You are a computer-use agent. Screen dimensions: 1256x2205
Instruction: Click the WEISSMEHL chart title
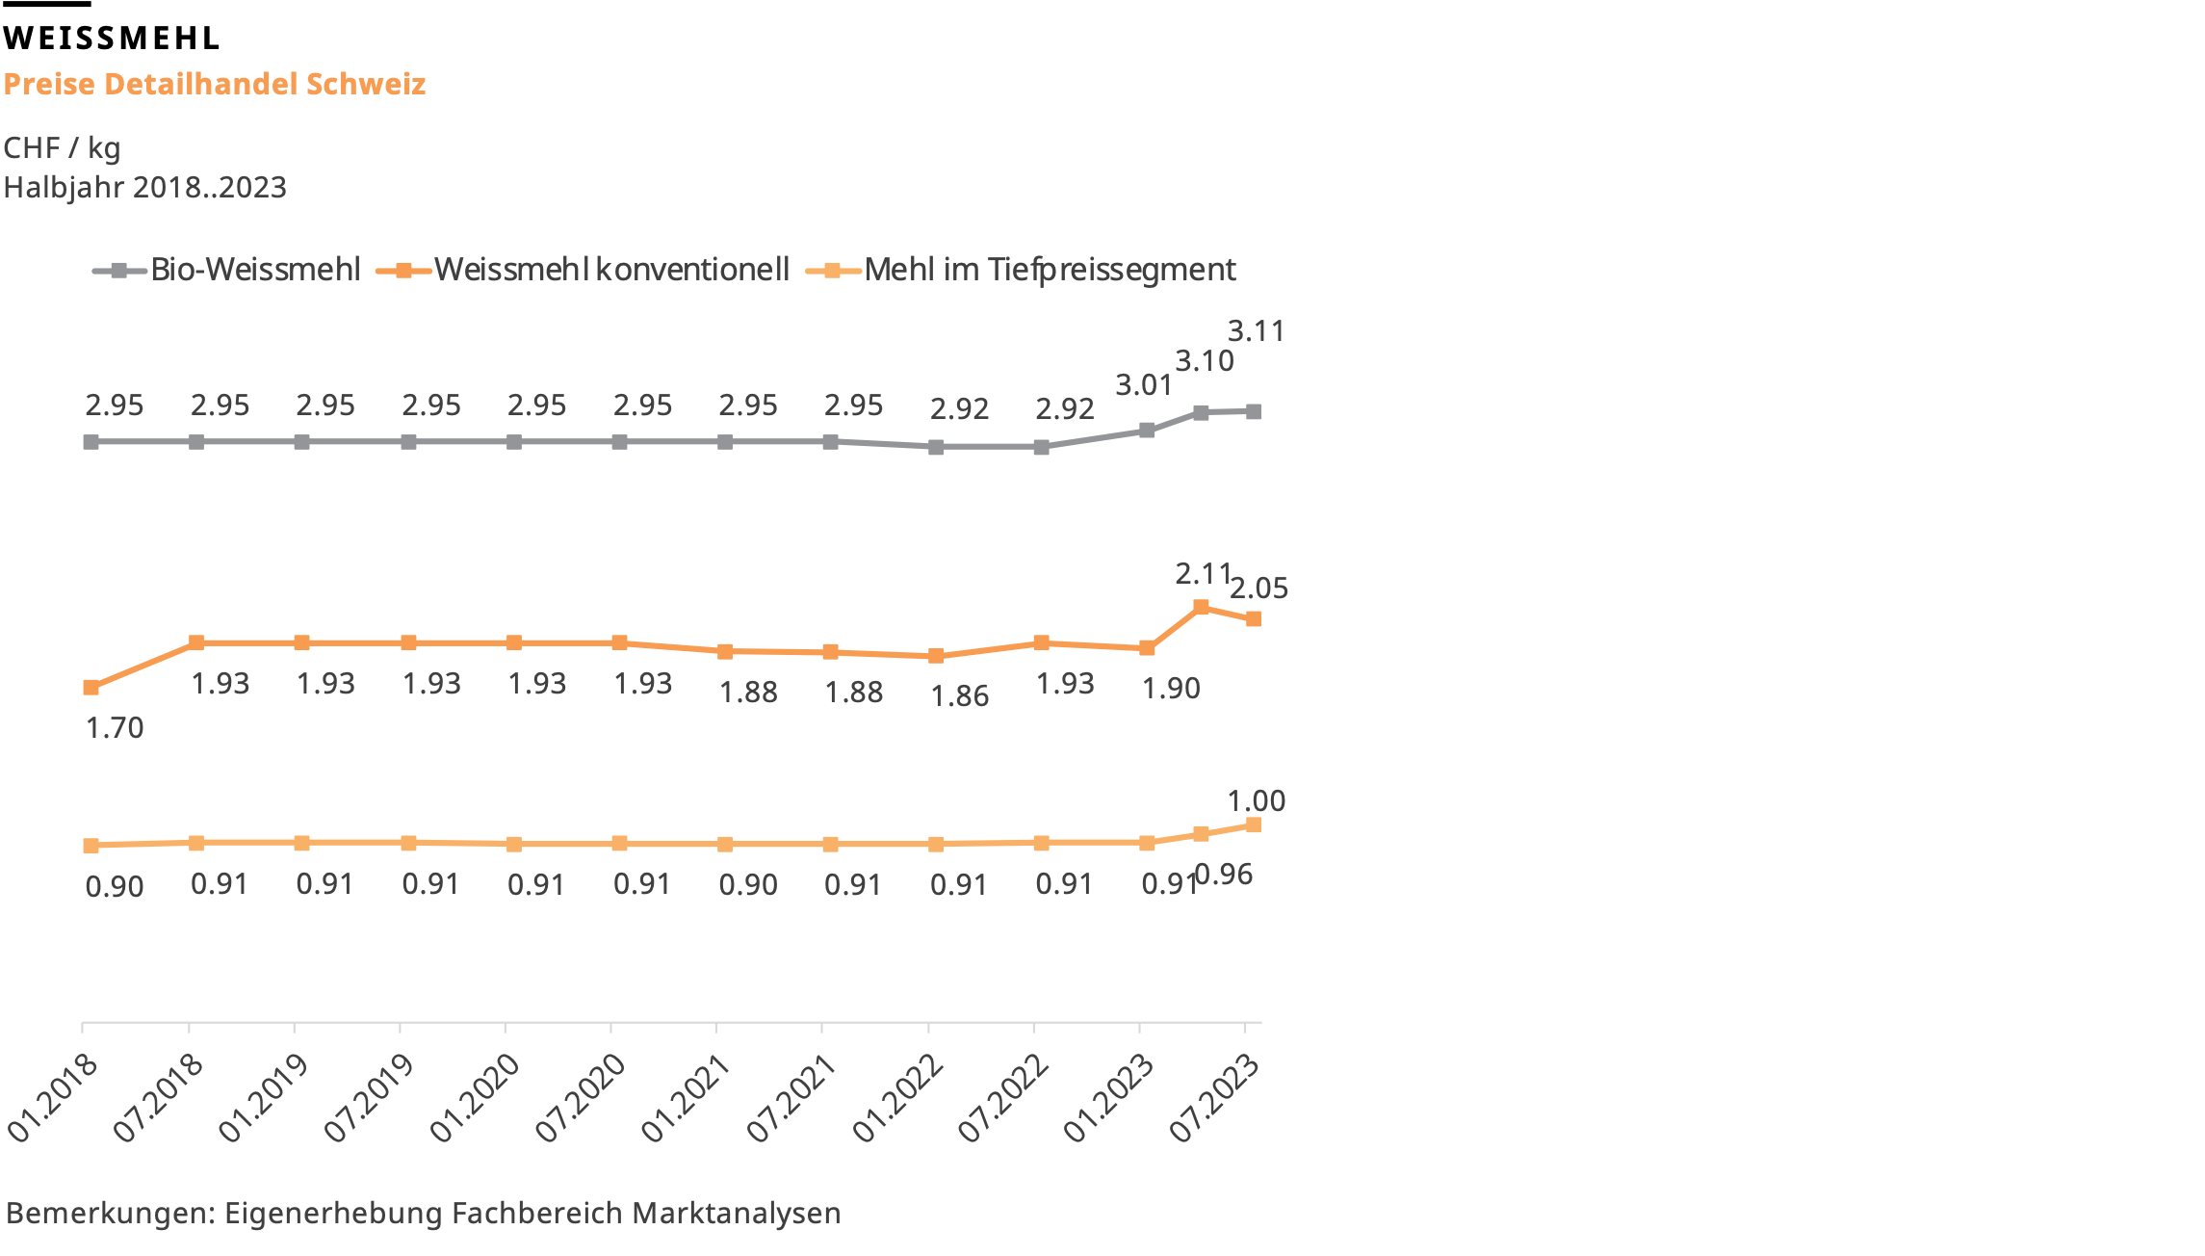[x=112, y=39]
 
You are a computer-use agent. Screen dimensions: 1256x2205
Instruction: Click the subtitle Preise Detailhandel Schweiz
[x=214, y=84]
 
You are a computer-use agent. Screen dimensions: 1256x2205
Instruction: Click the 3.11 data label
[x=1256, y=331]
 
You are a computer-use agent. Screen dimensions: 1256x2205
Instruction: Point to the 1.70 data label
[x=114, y=728]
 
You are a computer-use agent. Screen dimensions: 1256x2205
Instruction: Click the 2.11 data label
[x=1203, y=574]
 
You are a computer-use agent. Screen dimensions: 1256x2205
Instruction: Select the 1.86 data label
[x=959, y=696]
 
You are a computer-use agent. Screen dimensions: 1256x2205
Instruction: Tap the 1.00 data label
[x=1256, y=801]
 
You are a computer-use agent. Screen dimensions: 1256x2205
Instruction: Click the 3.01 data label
[x=1144, y=385]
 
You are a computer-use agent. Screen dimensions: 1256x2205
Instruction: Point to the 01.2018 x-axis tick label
[x=53, y=1099]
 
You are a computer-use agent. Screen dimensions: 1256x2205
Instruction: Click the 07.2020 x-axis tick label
[x=580, y=1099]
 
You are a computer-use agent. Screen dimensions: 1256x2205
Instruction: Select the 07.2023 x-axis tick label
[x=1214, y=1099]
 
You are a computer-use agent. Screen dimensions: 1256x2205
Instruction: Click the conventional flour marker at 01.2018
[x=91, y=688]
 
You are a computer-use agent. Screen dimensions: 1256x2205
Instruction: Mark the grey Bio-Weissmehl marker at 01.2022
[x=936, y=447]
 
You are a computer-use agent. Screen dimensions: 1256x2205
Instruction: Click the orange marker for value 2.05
[x=1254, y=619]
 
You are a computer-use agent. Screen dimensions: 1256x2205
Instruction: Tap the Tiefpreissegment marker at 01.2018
[x=91, y=846]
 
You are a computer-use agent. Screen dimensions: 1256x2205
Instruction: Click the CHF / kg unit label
[x=62, y=148]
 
